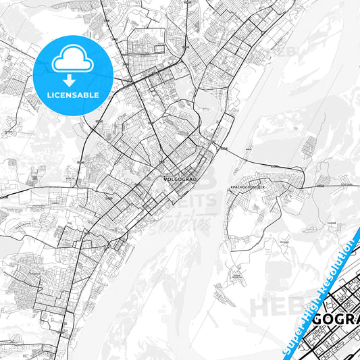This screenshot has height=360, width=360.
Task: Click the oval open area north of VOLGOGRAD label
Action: point(205,101)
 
